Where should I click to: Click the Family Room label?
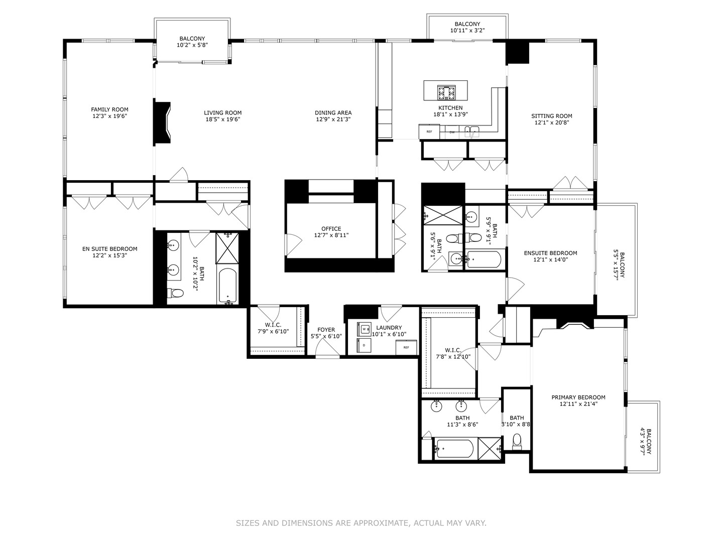[109, 109]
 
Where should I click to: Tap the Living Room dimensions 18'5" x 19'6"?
[222, 119]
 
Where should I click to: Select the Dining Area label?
[333, 112]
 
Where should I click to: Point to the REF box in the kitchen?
[429, 131]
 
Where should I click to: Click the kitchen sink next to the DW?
[471, 132]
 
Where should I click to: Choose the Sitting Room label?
[551, 116]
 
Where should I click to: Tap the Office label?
[331, 229]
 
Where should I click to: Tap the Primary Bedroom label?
[578, 397]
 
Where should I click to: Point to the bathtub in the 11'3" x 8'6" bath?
[454, 448]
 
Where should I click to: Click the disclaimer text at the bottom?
[361, 523]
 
